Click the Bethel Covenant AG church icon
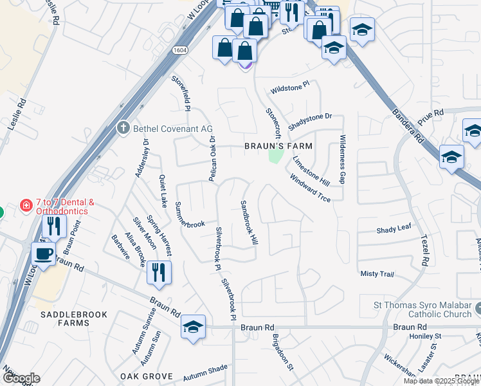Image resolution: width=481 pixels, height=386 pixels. click(x=123, y=128)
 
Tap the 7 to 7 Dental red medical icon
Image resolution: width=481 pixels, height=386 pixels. click(x=26, y=206)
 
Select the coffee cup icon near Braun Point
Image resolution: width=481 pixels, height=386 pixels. click(x=44, y=253)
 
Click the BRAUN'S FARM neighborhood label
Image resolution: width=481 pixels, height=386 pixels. click(x=278, y=146)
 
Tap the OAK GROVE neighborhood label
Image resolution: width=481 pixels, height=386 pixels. click(x=146, y=376)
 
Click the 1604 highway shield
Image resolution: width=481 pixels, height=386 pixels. click(x=179, y=49)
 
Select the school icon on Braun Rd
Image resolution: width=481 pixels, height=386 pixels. click(x=193, y=326)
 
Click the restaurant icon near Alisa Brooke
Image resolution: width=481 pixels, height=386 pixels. click(x=158, y=271)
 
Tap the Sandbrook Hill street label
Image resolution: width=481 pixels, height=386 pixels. click(x=249, y=221)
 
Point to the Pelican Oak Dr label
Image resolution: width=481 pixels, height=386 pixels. click(x=212, y=158)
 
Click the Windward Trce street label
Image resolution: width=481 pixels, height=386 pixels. click(x=309, y=188)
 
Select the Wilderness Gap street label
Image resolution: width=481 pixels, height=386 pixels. click(x=343, y=159)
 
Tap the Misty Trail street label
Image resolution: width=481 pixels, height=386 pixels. click(x=377, y=274)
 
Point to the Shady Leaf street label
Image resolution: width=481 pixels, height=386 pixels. click(x=394, y=230)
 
